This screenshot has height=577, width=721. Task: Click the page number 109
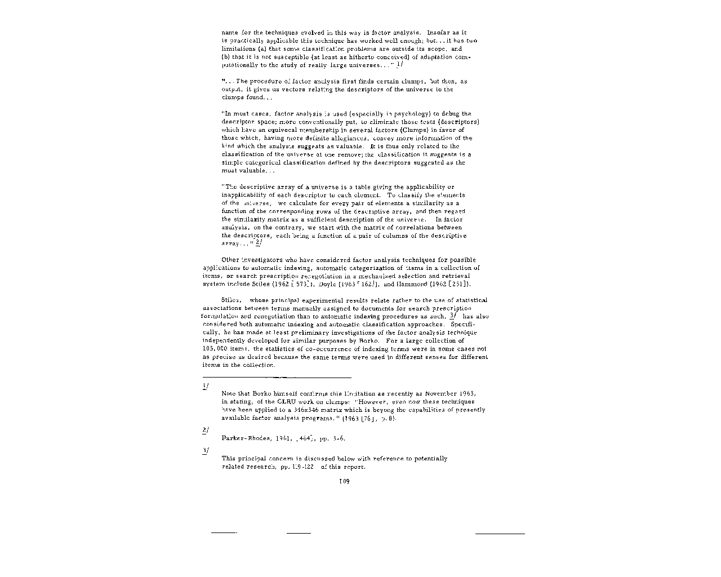344,481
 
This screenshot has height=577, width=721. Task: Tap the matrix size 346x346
290,410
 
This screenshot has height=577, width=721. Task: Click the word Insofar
440,33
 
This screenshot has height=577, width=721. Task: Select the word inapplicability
246,195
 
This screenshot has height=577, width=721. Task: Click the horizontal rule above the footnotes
277,377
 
